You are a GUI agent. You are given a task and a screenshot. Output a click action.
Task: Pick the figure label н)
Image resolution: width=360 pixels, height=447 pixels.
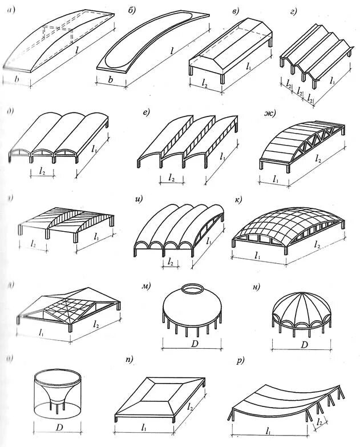pyautogui.click(x=257, y=287)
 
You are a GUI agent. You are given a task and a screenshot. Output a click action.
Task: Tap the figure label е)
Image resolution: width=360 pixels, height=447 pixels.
pyautogui.click(x=147, y=112)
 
